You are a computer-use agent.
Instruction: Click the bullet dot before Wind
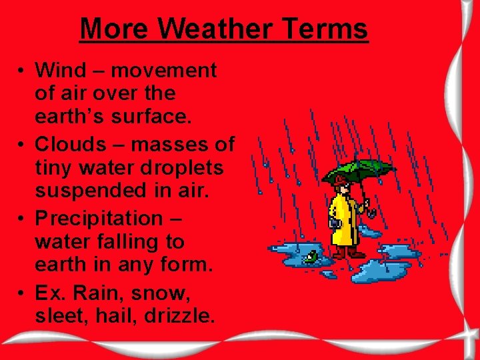click(x=22, y=71)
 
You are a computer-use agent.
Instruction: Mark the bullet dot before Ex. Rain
click(x=22, y=293)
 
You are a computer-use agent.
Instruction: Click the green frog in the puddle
click(x=311, y=255)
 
